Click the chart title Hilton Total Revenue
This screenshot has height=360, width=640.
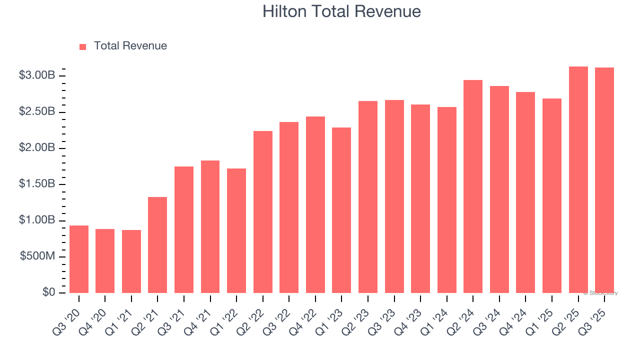(x=341, y=11)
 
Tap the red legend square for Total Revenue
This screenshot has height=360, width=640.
(x=83, y=46)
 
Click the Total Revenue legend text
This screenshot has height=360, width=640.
(x=130, y=46)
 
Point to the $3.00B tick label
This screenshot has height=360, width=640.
(x=36, y=75)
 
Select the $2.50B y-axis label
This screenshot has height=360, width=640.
(x=36, y=111)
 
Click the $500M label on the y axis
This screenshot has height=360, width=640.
(x=37, y=256)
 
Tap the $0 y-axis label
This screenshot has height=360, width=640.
(x=49, y=292)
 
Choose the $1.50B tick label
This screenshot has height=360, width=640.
(x=36, y=184)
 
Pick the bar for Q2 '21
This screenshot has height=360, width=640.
(x=157, y=245)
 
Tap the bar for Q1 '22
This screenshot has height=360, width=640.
(x=236, y=230)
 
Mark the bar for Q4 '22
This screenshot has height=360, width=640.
(x=315, y=204)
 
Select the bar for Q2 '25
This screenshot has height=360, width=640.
(x=578, y=179)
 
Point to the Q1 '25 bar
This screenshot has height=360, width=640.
(x=552, y=195)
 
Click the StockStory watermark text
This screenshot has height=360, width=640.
(x=600, y=293)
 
